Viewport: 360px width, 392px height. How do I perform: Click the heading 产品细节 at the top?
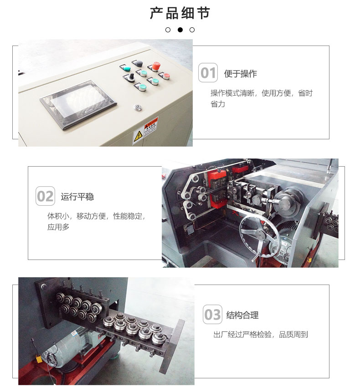click(x=180, y=13)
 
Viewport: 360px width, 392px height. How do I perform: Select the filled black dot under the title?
click(x=180, y=30)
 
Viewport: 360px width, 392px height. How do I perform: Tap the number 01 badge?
click(x=208, y=73)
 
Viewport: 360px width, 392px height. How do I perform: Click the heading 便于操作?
click(x=241, y=73)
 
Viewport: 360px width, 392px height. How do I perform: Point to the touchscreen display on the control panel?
click(x=78, y=105)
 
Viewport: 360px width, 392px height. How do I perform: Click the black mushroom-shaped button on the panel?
click(x=138, y=63)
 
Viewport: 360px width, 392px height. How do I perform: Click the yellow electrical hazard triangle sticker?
click(x=138, y=137)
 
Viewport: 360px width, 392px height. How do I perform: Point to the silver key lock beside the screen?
click(x=137, y=107)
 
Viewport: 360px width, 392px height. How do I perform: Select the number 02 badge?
click(x=45, y=196)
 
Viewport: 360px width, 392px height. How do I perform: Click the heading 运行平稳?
click(x=77, y=197)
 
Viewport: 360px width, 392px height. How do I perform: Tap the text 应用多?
click(x=58, y=227)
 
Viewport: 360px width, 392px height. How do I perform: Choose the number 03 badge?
click(x=212, y=314)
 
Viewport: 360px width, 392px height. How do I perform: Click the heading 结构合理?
click(x=242, y=315)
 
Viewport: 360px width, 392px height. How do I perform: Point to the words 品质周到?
click(x=293, y=335)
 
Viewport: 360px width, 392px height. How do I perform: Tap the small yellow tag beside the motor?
click(x=38, y=359)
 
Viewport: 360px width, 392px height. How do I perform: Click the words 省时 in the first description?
click(x=305, y=93)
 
